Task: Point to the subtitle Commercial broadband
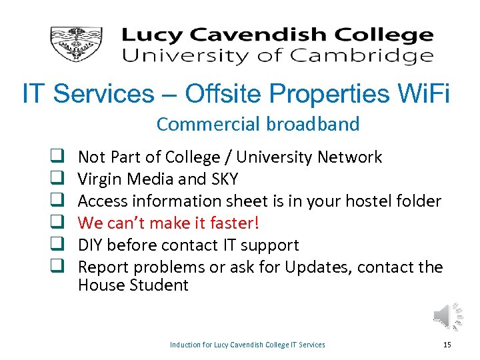(258, 124)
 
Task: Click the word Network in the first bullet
(350, 157)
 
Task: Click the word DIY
(91, 245)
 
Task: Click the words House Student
(133, 286)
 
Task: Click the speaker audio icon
(447, 315)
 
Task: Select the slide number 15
(447, 345)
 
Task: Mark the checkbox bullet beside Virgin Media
(57, 179)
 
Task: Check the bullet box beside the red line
(57, 223)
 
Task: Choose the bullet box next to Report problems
(57, 267)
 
